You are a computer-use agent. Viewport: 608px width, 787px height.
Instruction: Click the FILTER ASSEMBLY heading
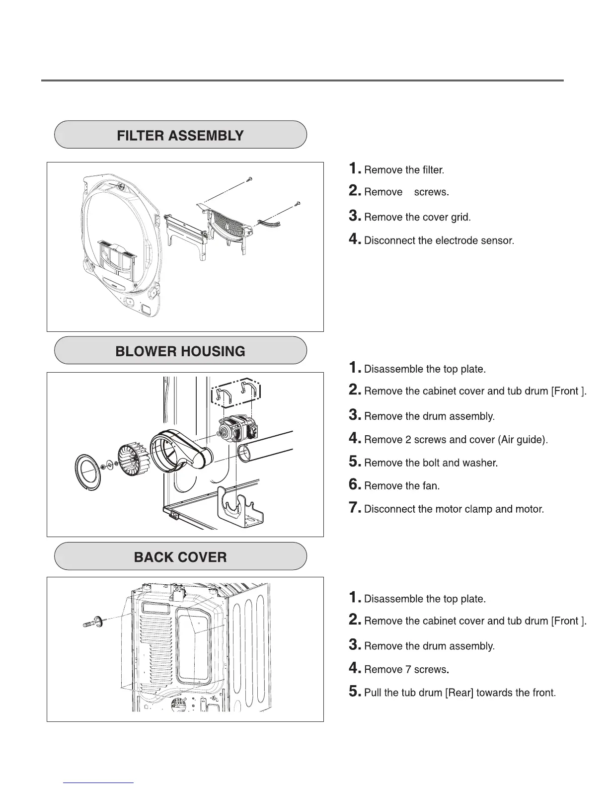(180, 135)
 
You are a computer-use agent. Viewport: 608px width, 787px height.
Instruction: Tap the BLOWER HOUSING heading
(180, 351)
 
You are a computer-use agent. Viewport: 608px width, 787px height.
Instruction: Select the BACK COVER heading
(180, 557)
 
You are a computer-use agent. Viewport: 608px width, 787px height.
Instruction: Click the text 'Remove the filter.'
(403, 170)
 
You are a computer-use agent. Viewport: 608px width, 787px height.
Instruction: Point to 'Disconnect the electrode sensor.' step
(439, 240)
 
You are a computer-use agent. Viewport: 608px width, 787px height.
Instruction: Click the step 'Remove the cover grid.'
(417, 217)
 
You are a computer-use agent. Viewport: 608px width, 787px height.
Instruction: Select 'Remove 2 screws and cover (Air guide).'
(456, 440)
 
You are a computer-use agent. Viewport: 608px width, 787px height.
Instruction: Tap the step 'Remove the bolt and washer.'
(431, 463)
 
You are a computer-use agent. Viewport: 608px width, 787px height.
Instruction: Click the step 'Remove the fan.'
(401, 486)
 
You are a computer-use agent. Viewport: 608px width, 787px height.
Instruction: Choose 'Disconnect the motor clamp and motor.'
(454, 509)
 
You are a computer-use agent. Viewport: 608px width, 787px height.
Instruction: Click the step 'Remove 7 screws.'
(406, 669)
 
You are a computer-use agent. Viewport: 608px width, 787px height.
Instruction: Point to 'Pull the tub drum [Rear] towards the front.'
(459, 693)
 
